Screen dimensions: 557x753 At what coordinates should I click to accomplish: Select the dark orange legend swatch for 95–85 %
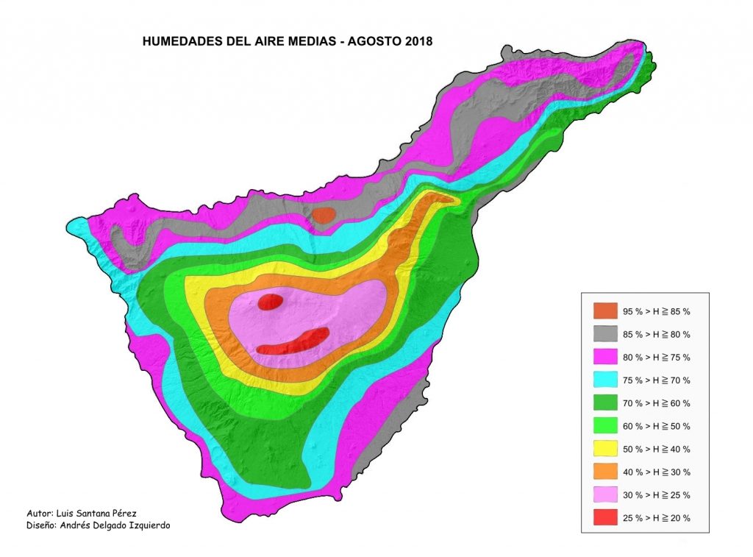pyautogui.click(x=604, y=311)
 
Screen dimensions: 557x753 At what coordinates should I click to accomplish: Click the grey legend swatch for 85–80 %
pyautogui.click(x=604, y=334)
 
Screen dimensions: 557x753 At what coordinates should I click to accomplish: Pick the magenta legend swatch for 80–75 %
pyautogui.click(x=604, y=357)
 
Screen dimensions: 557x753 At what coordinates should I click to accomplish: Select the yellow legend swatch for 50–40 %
pyautogui.click(x=604, y=449)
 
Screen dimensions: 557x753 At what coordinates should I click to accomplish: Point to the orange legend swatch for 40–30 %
pyautogui.click(x=604, y=472)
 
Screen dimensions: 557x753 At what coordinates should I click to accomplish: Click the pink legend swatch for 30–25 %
pyautogui.click(x=604, y=494)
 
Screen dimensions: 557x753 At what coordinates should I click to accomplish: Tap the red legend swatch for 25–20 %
pyautogui.click(x=604, y=517)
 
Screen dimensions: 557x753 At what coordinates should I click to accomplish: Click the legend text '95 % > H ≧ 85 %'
pyautogui.click(x=657, y=312)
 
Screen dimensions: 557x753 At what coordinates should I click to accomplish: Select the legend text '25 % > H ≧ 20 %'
pyautogui.click(x=657, y=518)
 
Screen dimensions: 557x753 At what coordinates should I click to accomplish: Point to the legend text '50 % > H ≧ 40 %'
pyautogui.click(x=657, y=450)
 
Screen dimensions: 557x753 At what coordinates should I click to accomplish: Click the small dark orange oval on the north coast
pyautogui.click(x=324, y=215)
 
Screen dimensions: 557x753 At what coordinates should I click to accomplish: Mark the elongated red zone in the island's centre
pyautogui.click(x=294, y=342)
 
